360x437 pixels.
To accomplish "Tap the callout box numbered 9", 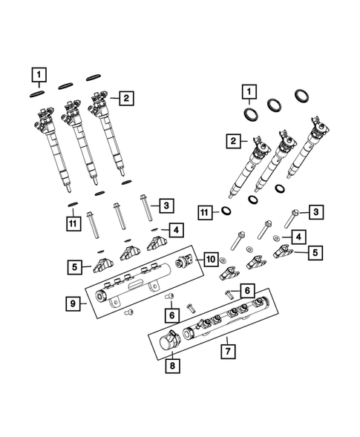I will coord(74,303).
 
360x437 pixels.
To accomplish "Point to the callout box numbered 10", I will coord(210,259).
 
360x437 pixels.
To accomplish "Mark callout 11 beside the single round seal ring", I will coord(205,213).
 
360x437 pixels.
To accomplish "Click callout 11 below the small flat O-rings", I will coord(73,220).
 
